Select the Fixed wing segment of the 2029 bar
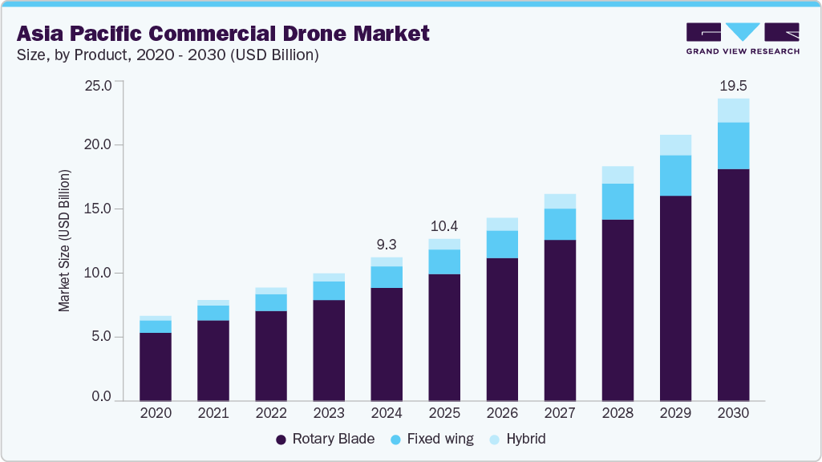click(675, 176)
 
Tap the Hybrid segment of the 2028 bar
click(618, 175)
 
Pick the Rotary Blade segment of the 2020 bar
click(156, 367)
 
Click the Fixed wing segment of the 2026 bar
click(502, 245)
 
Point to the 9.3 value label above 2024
click(387, 245)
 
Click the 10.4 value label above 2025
click(444, 226)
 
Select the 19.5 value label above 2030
click(733, 85)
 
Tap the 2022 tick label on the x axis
click(271, 413)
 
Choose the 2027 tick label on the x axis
click(560, 413)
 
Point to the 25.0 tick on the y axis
click(99, 84)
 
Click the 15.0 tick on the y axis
click(99, 209)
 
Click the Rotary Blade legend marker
click(281, 440)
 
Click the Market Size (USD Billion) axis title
click(63, 241)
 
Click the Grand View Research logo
click(743, 37)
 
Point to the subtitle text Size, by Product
click(72, 55)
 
